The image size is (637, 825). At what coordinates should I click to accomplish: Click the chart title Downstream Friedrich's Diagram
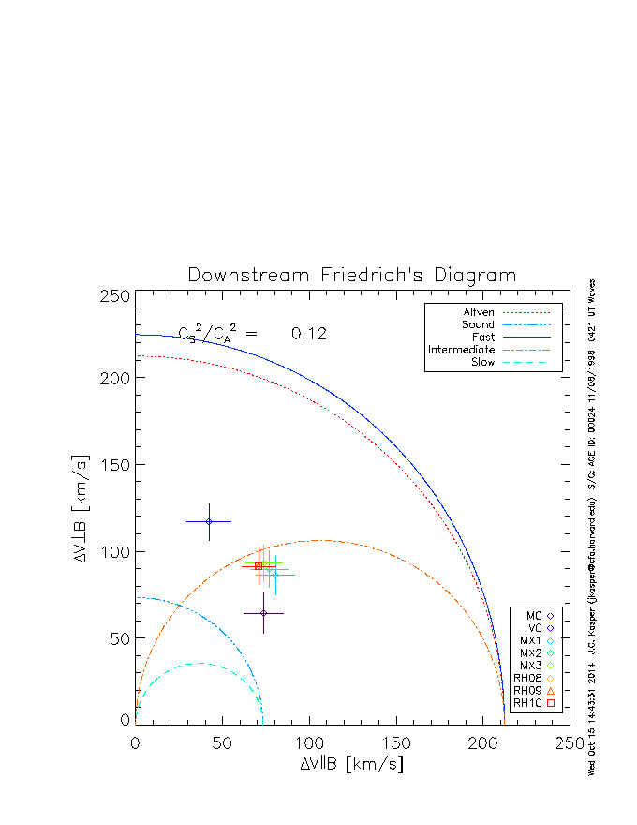tap(352, 276)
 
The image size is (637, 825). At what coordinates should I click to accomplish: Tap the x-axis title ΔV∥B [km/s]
tap(352, 763)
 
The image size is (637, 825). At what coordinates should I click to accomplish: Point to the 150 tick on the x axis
tap(396, 742)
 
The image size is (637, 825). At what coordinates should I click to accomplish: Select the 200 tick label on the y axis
tap(113, 378)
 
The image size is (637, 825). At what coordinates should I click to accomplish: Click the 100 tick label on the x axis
tap(309, 742)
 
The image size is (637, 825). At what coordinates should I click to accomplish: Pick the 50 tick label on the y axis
tap(118, 638)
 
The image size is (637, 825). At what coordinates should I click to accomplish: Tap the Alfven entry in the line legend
tap(480, 312)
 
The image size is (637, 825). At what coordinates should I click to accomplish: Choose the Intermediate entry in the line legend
tap(462, 350)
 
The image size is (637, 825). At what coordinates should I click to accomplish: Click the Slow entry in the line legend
tap(483, 362)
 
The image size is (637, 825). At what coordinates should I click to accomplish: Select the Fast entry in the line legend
tap(483, 337)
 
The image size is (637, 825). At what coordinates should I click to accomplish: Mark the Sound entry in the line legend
tap(478, 324)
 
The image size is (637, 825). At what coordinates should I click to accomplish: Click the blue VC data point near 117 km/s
tap(209, 521)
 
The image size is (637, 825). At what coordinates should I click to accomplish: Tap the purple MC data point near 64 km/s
tap(264, 613)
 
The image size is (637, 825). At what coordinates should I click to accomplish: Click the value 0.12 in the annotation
tap(308, 334)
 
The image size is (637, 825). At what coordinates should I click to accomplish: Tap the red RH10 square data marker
tap(259, 566)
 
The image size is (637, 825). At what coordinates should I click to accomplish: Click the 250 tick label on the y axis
tap(113, 296)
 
